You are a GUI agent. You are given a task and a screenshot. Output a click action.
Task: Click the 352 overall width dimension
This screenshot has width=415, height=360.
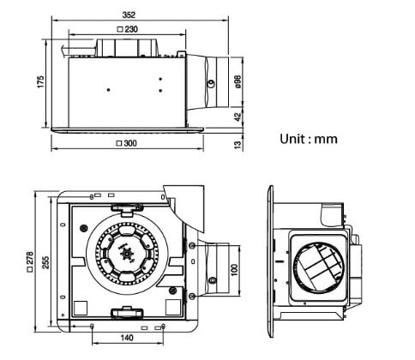[x=129, y=15]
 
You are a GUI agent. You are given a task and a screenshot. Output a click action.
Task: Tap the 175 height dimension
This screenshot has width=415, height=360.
[x=41, y=81]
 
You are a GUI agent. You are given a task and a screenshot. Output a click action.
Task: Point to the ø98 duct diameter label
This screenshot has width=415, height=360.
[x=238, y=81]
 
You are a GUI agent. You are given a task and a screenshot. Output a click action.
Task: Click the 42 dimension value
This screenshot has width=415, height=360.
[x=238, y=117]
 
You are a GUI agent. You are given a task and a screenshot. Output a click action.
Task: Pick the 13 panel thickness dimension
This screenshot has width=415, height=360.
[x=238, y=144]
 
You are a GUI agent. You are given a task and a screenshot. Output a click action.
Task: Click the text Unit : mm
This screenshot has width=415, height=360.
[x=309, y=139]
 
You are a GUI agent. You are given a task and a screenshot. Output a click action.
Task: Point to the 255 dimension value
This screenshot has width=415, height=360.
[x=45, y=262]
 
